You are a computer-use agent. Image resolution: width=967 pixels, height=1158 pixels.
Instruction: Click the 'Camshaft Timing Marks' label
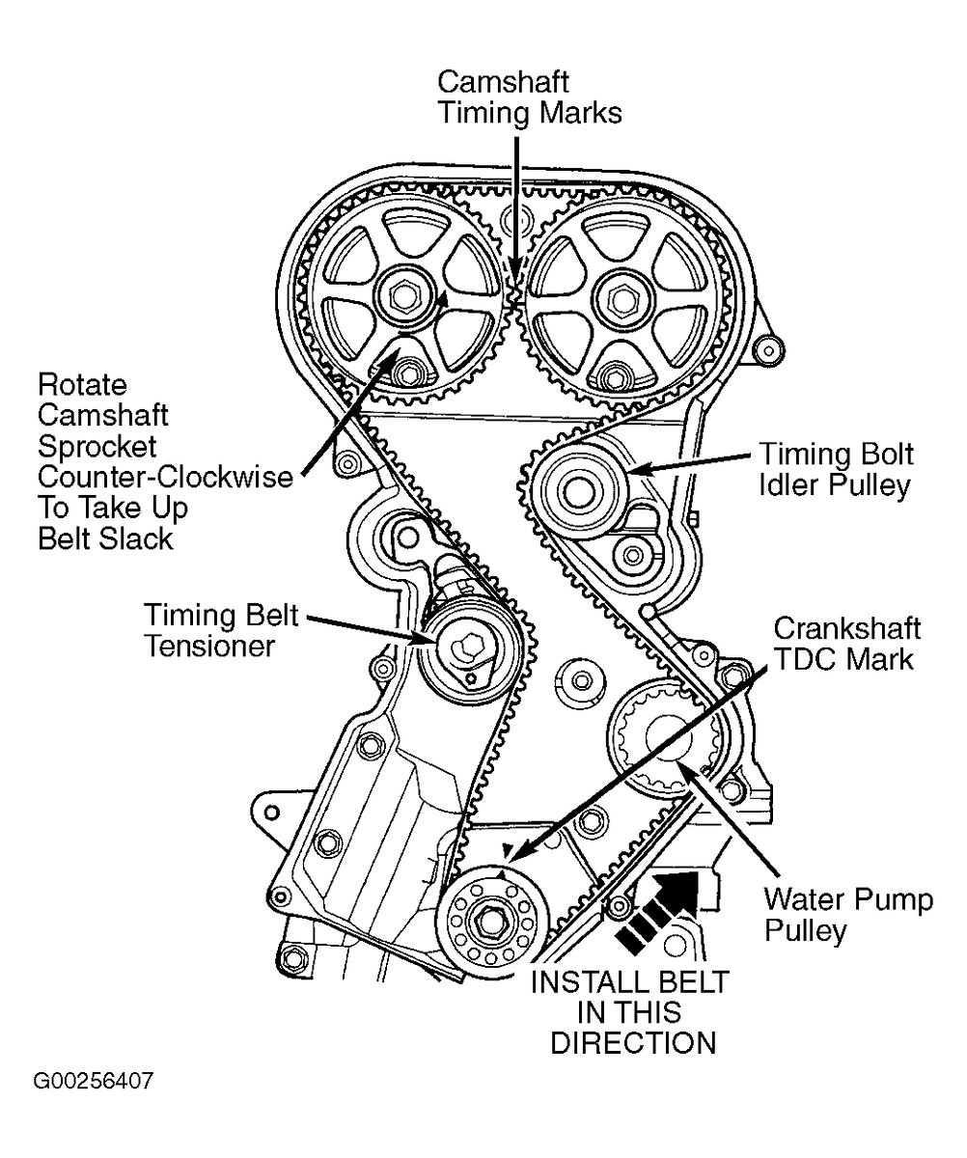529,97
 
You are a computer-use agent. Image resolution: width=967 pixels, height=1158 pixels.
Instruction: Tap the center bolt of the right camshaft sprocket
622,299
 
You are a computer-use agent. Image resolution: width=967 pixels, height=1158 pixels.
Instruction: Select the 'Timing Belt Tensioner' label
221,630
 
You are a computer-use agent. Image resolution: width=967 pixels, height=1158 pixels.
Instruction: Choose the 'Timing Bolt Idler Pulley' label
836,469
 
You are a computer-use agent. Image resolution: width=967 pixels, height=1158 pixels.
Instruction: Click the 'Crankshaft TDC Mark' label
847,644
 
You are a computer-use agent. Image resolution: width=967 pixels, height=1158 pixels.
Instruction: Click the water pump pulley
669,737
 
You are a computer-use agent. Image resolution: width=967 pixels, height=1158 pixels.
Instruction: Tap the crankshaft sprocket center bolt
489,922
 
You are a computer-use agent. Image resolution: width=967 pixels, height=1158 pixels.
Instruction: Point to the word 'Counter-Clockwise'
165,477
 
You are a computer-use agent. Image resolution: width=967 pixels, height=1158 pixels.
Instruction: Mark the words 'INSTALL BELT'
629,982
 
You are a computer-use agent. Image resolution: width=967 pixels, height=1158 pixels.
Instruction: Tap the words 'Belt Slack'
105,538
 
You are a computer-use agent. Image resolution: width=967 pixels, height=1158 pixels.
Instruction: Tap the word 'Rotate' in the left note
83,384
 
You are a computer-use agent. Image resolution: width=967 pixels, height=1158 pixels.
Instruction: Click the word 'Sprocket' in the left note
97,447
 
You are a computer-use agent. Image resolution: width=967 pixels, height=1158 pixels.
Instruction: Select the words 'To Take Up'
113,508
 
